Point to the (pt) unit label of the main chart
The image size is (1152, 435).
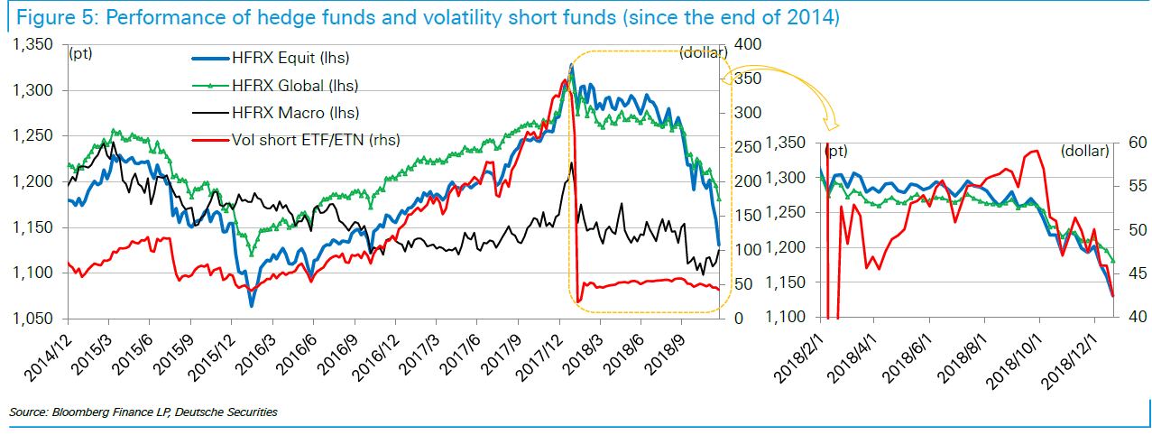[x=81, y=52]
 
